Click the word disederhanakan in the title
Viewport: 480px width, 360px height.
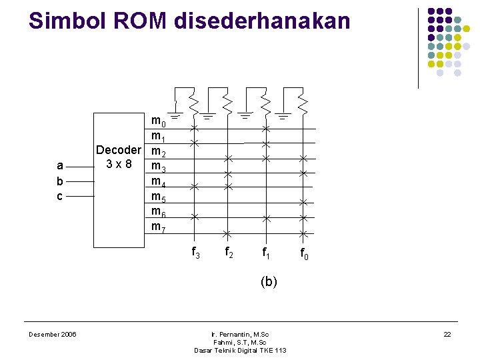[x=262, y=21]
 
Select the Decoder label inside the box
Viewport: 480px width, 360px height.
[x=119, y=150]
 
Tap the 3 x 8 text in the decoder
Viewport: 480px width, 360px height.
[x=119, y=164]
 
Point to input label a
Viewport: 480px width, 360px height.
[x=60, y=165]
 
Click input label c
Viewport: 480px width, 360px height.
[x=60, y=196]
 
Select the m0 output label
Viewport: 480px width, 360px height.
[x=159, y=122]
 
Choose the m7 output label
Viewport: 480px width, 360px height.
[x=159, y=227]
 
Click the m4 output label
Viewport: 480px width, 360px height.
[x=159, y=181]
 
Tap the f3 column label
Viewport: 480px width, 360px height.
[x=195, y=253]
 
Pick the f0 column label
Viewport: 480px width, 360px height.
[x=303, y=253]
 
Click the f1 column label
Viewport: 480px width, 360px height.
[x=265, y=253]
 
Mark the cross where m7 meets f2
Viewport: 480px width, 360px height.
[x=227, y=233]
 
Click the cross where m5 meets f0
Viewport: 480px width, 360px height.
[x=303, y=202]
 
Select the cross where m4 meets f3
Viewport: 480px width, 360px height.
[x=194, y=187]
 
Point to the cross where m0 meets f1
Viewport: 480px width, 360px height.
[x=265, y=129]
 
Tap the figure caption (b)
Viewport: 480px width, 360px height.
[x=269, y=281]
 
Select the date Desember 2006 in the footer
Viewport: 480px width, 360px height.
[x=52, y=334]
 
